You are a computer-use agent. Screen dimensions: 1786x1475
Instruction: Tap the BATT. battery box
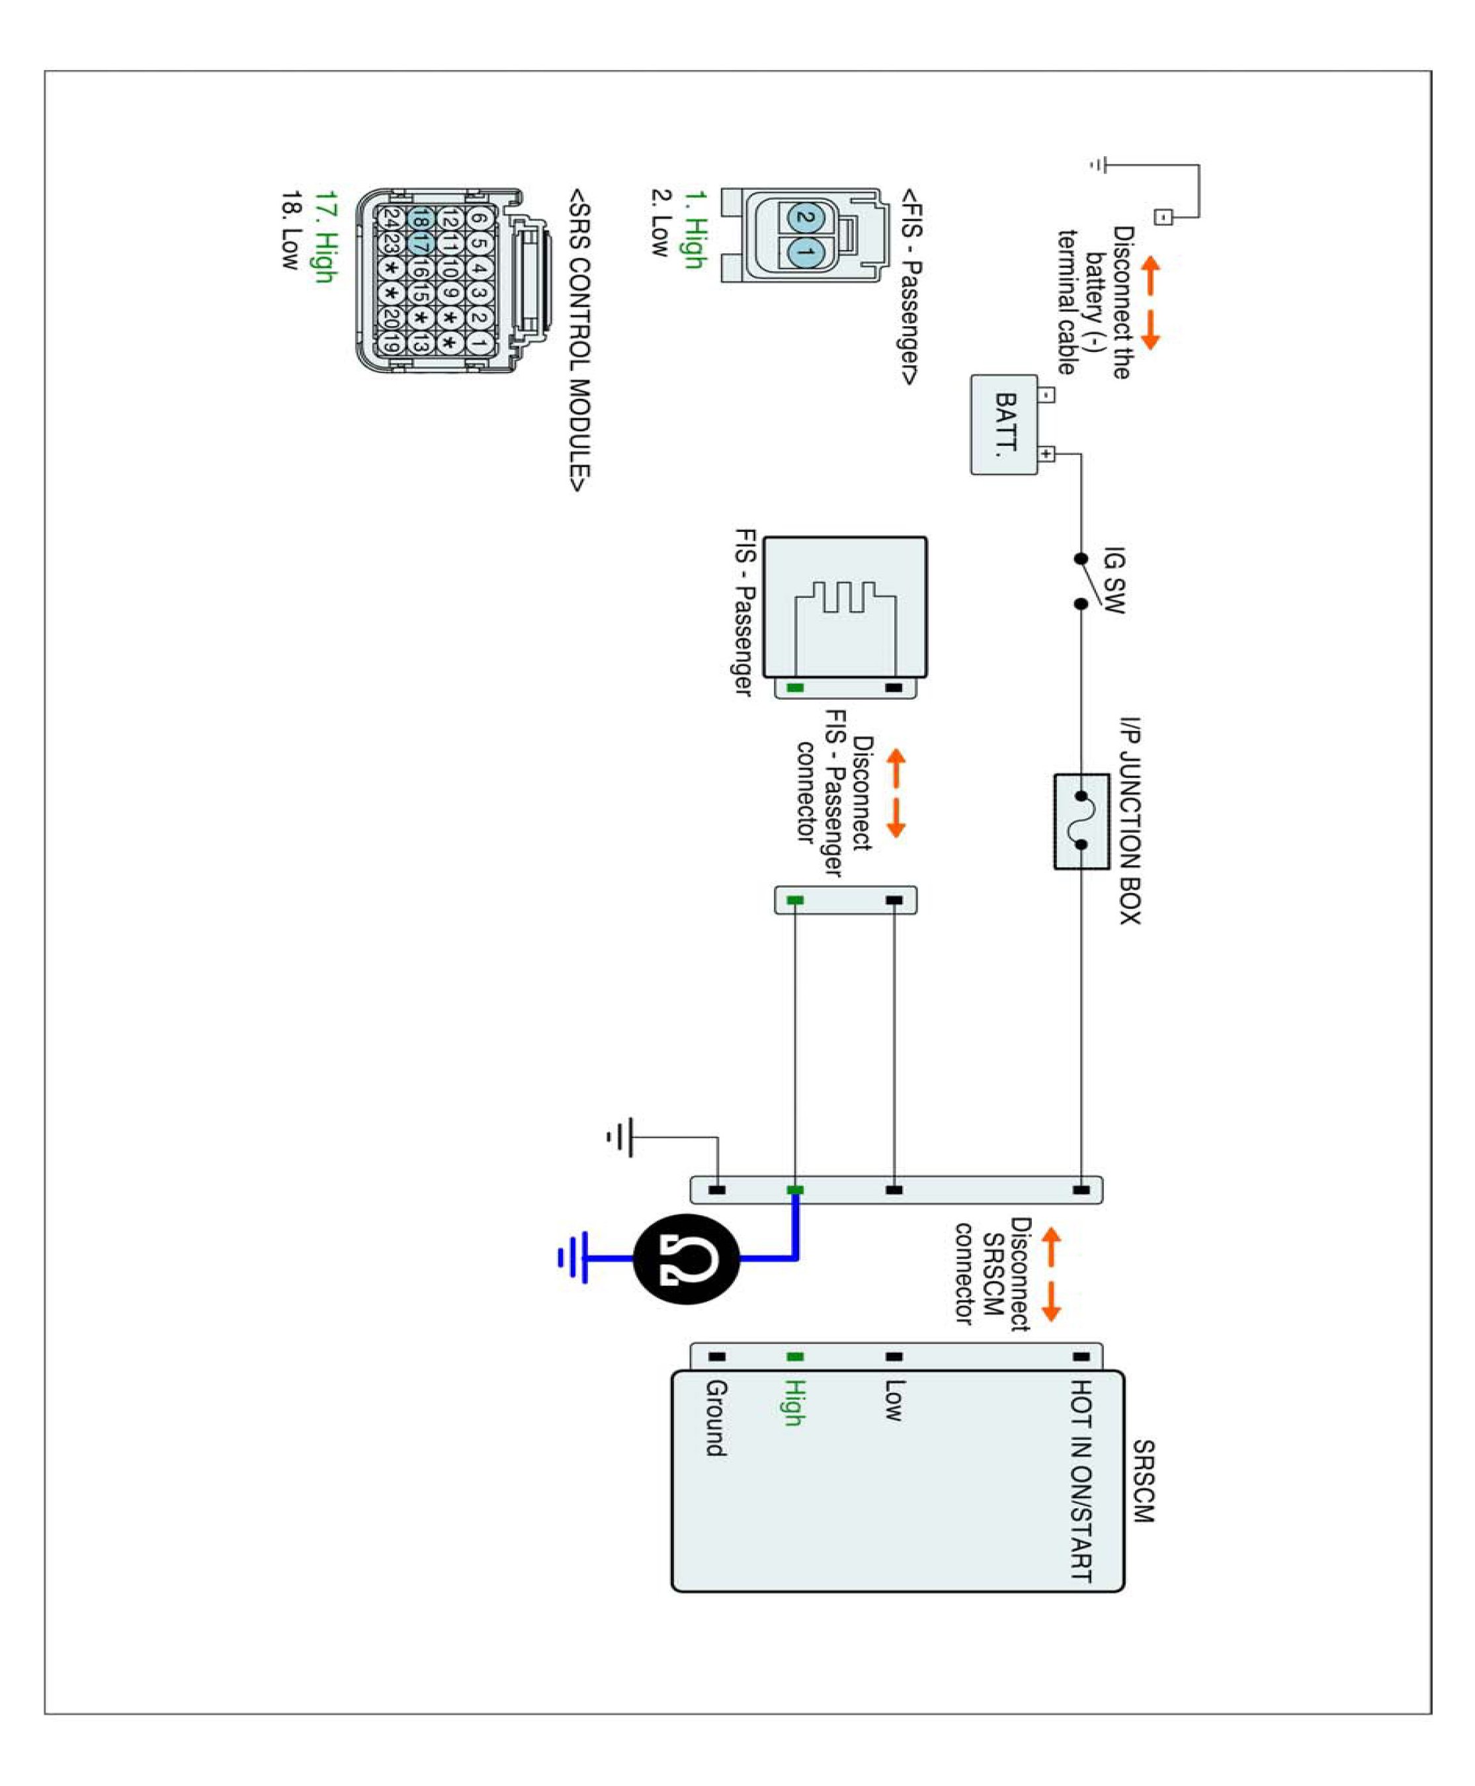coord(1004,424)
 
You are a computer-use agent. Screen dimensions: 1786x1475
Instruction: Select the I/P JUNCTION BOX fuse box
coord(1081,821)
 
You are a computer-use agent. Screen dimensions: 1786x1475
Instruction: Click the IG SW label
coord(1113,579)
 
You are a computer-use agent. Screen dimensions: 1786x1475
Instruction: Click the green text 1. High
coord(694,229)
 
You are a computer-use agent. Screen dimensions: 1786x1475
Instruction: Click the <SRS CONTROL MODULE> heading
coord(579,340)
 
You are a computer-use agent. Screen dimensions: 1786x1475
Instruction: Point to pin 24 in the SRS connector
coord(391,218)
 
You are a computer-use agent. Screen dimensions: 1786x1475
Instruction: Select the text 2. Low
coord(660,223)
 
